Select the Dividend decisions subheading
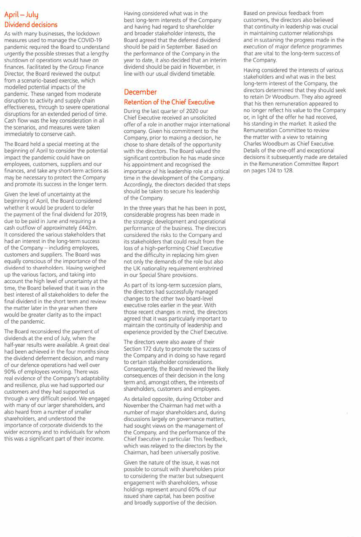tap(31, 25)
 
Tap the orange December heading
tap(140, 92)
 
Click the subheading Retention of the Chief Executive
tap(169, 102)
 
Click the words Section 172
tap(139, 349)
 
